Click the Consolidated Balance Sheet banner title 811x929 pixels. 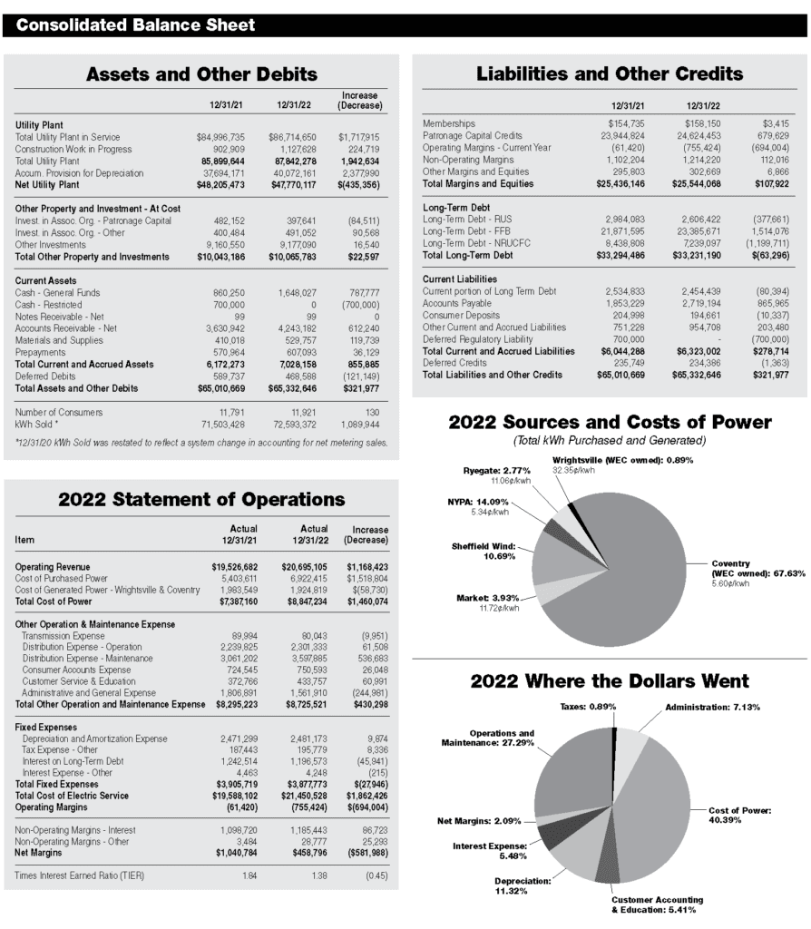tap(135, 24)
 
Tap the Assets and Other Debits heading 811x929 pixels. tap(201, 74)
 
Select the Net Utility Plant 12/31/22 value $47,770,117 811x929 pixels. tap(292, 185)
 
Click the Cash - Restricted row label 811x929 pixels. tap(49, 305)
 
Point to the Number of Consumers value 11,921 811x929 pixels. tap(304, 413)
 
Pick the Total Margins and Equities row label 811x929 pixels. tap(478, 183)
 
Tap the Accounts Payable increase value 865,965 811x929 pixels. tap(773, 303)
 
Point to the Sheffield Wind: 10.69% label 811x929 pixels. tap(484, 551)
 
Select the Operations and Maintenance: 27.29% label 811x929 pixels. tap(487, 738)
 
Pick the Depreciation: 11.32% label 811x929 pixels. tap(523, 885)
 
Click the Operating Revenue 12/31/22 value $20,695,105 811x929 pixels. tap(304, 567)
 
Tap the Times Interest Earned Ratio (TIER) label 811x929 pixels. tap(80, 875)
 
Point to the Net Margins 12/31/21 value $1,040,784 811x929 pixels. tap(237, 853)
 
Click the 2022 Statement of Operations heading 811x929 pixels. tap(201, 500)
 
